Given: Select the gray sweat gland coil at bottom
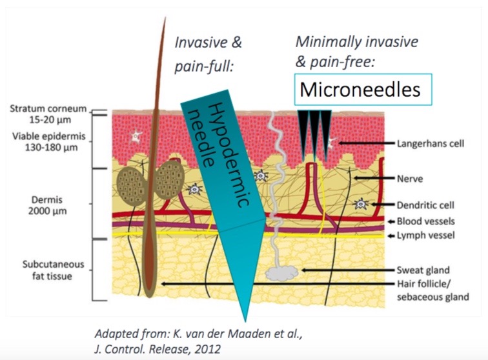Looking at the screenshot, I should (279, 274).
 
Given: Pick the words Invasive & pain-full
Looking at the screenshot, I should (208, 54).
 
